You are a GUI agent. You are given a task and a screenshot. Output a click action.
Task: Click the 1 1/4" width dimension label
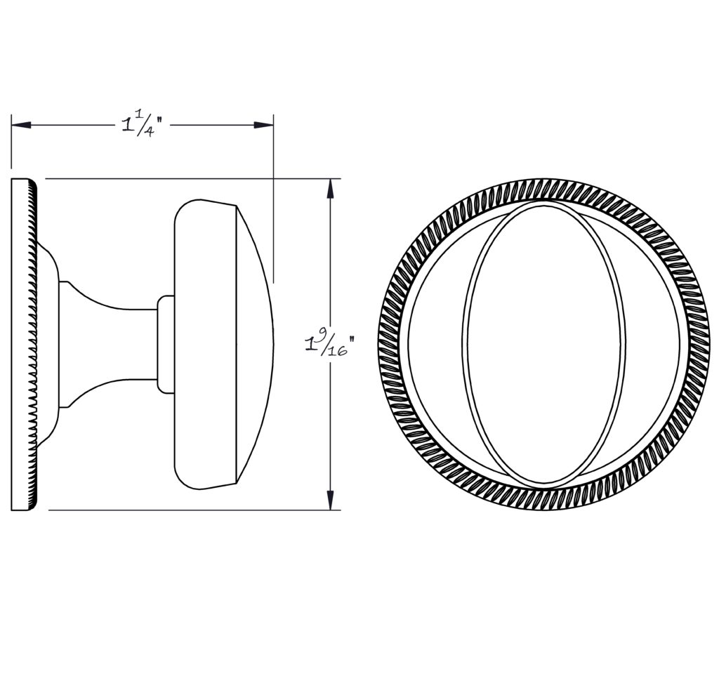pos(143,124)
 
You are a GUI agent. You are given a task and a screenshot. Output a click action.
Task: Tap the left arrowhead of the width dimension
pos(21,125)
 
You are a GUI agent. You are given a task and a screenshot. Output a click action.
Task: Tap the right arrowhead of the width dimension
pos(264,125)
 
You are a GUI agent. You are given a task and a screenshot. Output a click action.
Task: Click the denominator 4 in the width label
pos(149,133)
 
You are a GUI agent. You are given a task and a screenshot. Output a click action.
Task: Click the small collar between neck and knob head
pos(166,344)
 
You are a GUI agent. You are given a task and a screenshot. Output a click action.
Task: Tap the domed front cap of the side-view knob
pos(254,344)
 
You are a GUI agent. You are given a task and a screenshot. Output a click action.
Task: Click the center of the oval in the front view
pos(543,344)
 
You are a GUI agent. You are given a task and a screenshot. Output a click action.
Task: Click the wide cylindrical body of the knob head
pos(206,344)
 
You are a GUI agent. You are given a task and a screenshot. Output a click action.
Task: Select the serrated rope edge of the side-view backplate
pos(32,344)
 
